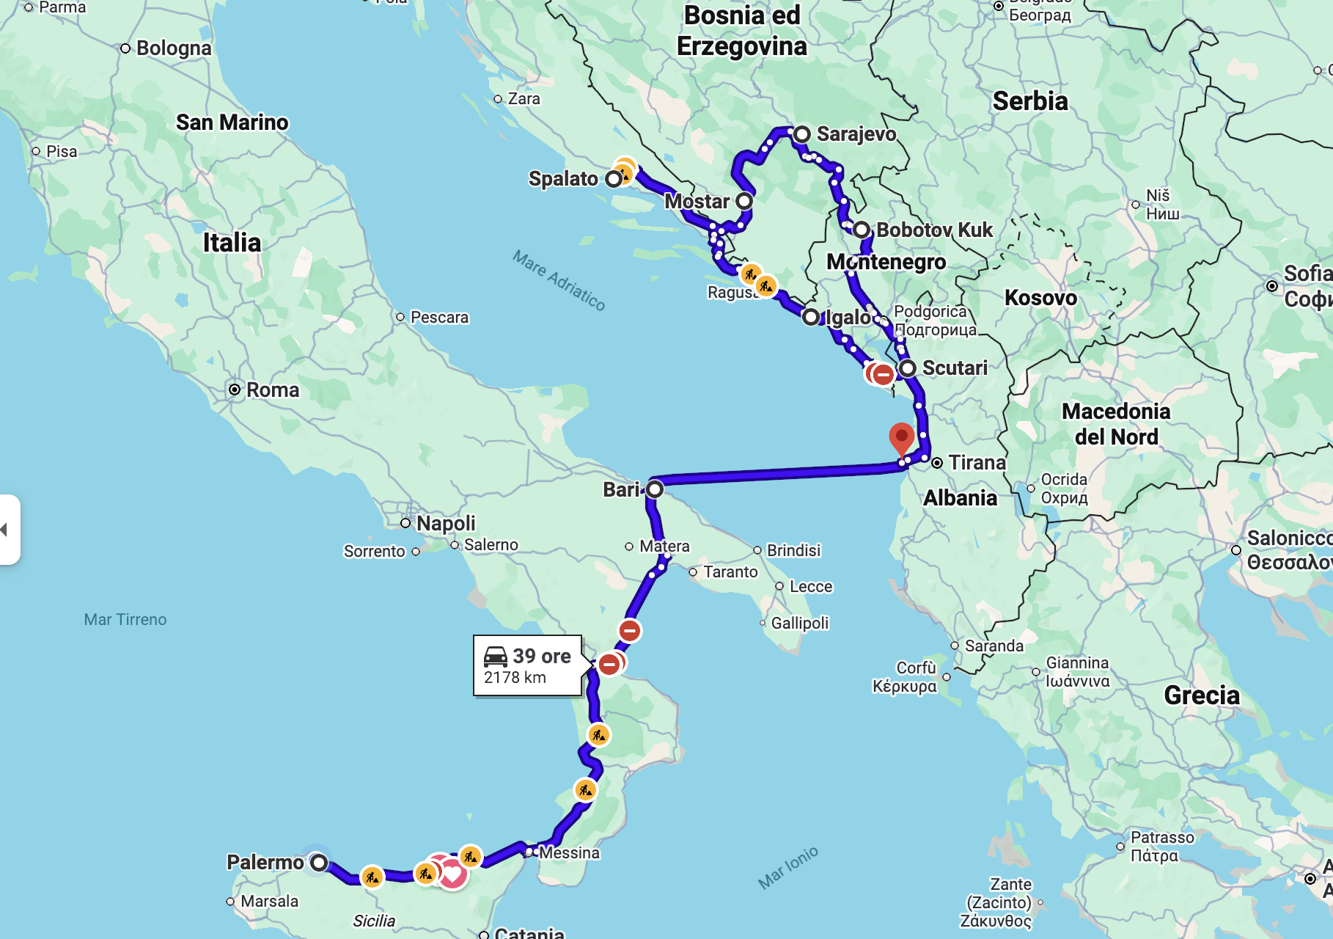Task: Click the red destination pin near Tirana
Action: (901, 437)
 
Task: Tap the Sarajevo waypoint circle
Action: (801, 134)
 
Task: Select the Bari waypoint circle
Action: (655, 489)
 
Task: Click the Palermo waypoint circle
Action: (318, 863)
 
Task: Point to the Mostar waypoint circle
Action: (744, 201)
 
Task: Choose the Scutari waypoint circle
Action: (908, 368)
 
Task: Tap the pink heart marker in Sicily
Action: (452, 874)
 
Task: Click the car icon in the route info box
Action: (496, 656)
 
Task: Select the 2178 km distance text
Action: (515, 678)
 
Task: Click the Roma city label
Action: (272, 390)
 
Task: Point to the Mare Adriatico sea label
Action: (559, 280)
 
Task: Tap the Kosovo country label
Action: (1040, 298)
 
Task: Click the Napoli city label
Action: (446, 523)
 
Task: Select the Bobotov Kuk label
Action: (934, 230)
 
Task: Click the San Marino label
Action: (232, 123)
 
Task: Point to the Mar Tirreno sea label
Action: (125, 620)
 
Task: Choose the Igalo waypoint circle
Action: (810, 318)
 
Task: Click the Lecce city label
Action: (810, 587)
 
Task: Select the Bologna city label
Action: (174, 48)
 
